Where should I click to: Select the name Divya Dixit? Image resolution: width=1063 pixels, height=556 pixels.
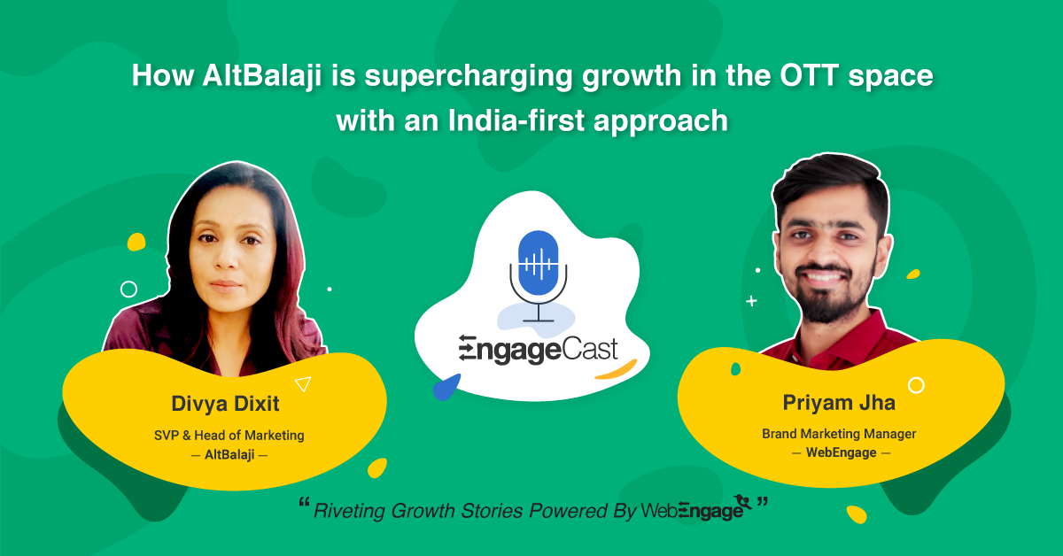tap(225, 405)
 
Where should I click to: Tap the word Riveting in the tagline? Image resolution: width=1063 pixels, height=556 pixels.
tap(350, 511)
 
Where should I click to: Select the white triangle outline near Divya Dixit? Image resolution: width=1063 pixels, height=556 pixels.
tap(303, 383)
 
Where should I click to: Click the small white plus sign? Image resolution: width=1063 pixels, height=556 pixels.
tap(752, 301)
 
